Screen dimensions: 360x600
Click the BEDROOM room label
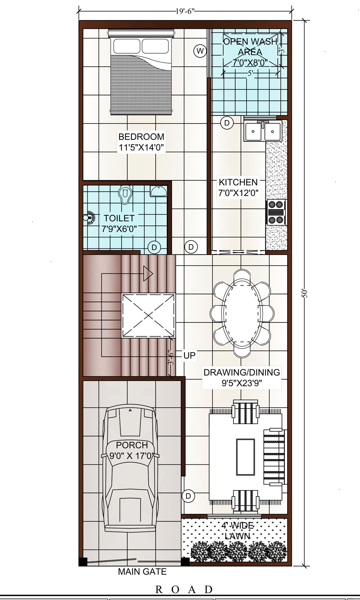click(x=141, y=137)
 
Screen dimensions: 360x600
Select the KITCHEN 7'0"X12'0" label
click(x=238, y=187)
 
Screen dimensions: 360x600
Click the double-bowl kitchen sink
click(x=263, y=131)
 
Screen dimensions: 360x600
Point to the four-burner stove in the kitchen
click(x=276, y=212)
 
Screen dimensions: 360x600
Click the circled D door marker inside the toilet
click(x=154, y=247)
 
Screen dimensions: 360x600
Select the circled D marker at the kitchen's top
click(x=227, y=123)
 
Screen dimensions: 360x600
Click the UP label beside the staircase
click(x=189, y=355)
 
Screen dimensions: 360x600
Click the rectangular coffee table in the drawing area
click(x=245, y=457)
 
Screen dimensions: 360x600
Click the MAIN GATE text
click(x=142, y=572)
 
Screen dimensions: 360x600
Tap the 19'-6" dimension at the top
click(x=185, y=12)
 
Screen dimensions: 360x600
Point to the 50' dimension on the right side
click(x=305, y=293)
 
